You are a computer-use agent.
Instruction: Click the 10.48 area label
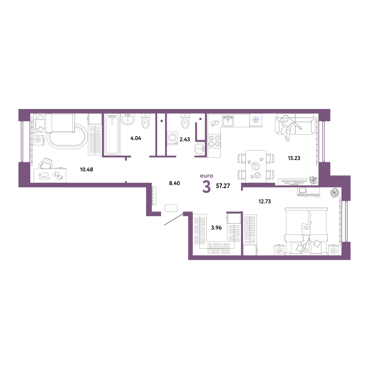tap(86, 169)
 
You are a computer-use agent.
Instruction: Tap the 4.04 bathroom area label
tap(136, 138)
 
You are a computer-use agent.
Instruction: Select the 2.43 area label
tap(185, 139)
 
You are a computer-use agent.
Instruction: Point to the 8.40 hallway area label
tap(175, 183)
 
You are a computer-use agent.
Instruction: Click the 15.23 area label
tap(294, 158)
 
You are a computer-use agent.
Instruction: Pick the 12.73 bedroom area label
tap(265, 201)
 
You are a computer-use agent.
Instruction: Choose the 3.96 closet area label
tap(216, 228)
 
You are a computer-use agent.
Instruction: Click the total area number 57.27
tap(223, 186)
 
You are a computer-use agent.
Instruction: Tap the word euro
tap(207, 176)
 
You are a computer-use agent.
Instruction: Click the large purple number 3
tap(206, 187)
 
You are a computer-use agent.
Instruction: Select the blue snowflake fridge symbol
tap(256, 120)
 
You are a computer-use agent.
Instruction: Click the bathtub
tap(112, 135)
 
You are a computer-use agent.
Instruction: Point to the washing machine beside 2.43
tap(172, 138)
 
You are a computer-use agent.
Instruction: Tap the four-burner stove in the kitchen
tap(214, 141)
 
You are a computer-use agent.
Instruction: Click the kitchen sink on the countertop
tap(228, 121)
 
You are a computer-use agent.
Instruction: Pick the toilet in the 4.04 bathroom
tap(146, 121)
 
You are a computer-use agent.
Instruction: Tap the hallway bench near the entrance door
tap(171, 208)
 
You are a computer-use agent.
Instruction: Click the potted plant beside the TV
tap(313, 180)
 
